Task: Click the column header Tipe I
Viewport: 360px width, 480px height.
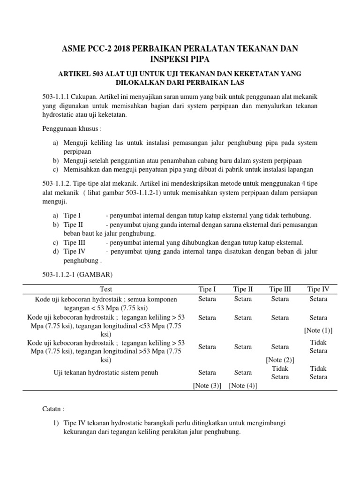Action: (x=207, y=289)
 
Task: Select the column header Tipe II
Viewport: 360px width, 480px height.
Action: (x=243, y=289)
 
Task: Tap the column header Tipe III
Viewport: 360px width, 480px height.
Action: (x=280, y=289)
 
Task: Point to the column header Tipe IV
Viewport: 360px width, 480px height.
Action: (x=318, y=289)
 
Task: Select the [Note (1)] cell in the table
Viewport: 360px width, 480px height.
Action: (x=318, y=330)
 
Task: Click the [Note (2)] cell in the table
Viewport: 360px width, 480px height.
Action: (x=280, y=360)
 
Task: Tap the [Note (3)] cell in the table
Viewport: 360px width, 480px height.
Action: (x=207, y=385)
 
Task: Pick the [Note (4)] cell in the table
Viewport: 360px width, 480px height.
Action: (x=243, y=385)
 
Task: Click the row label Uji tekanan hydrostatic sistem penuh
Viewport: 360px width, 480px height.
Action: (x=106, y=373)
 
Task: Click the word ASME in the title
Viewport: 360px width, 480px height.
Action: (x=75, y=49)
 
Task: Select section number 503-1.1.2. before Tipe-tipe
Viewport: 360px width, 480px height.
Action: (x=59, y=184)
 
